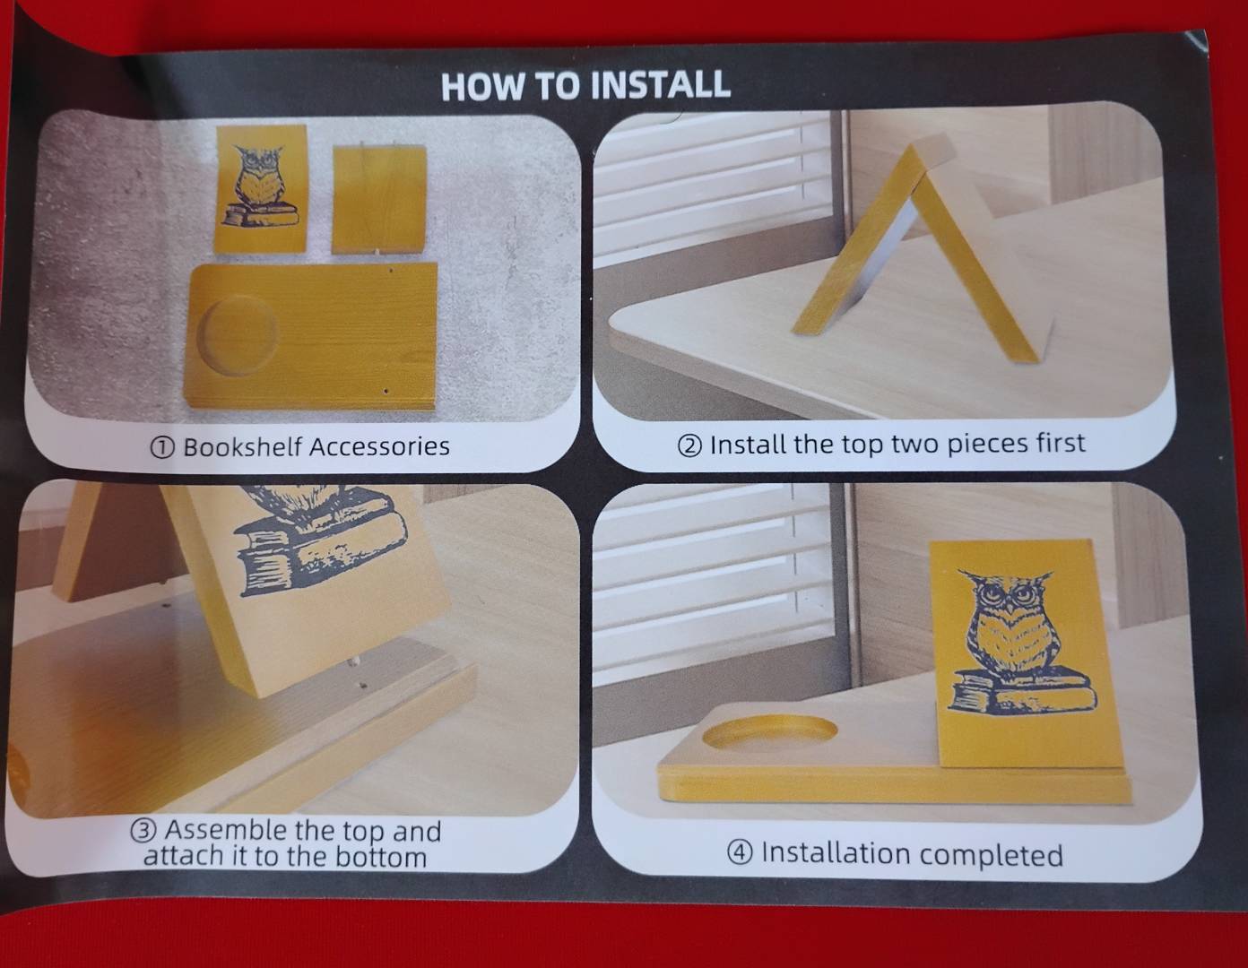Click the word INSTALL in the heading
[660, 85]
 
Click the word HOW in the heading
[482, 87]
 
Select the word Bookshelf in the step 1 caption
[243, 446]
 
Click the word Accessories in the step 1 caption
[379, 446]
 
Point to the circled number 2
[689, 445]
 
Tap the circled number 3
[143, 830]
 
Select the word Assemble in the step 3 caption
[226, 830]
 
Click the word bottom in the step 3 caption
[381, 857]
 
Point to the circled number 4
[740, 852]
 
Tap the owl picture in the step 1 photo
[261, 186]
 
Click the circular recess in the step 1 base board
[237, 334]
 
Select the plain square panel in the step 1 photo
[379, 199]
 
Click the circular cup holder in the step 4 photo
[769, 735]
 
